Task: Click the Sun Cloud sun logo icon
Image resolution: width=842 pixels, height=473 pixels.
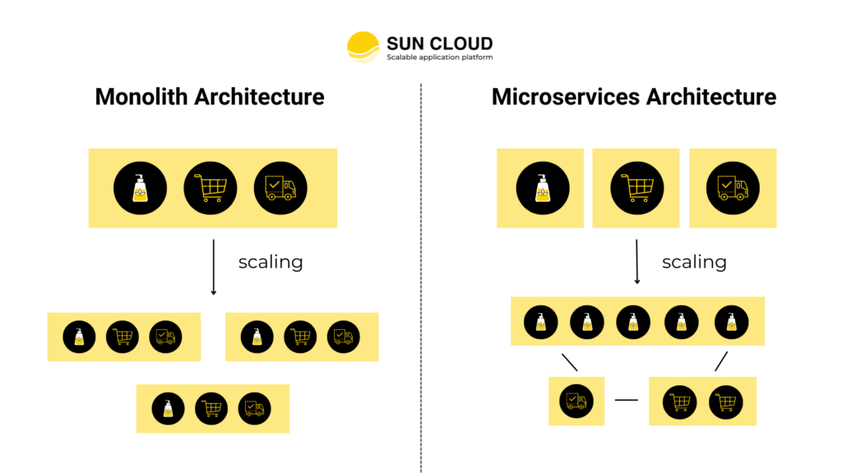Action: pos(363,47)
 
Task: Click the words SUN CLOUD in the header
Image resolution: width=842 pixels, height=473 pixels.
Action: pos(440,43)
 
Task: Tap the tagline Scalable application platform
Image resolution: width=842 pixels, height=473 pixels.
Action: pos(440,57)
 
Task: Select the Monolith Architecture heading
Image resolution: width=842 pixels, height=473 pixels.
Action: pos(210,97)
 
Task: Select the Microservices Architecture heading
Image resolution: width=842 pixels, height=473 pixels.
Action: pos(633,97)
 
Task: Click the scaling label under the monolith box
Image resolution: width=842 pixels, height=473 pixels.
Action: pos(271,262)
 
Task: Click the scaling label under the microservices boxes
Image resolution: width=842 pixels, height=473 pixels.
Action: pos(694,262)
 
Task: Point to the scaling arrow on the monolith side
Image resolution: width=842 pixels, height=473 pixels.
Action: pos(214,267)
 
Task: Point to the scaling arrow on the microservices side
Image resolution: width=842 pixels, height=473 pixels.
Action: pos(637,261)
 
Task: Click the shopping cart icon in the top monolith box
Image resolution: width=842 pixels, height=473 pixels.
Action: pos(210,188)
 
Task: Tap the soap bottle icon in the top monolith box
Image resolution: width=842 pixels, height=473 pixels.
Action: pos(141,188)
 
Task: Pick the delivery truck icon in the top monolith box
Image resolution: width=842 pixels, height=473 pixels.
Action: pos(280,188)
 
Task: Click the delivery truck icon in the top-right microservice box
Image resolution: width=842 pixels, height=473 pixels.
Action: pos(732,188)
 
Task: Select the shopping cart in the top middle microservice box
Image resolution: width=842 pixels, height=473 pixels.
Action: pos(636,188)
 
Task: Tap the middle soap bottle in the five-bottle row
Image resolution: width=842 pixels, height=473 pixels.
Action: pos(633,321)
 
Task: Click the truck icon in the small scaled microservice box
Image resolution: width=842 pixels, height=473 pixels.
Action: pos(576,401)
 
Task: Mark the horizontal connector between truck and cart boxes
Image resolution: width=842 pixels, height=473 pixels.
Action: pos(627,401)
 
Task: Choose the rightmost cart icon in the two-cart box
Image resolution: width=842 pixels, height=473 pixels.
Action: pos(726,401)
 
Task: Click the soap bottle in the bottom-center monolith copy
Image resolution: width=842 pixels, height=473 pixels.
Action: pos(169,408)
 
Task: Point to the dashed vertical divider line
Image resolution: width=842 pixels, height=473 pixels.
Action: pos(421,279)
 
